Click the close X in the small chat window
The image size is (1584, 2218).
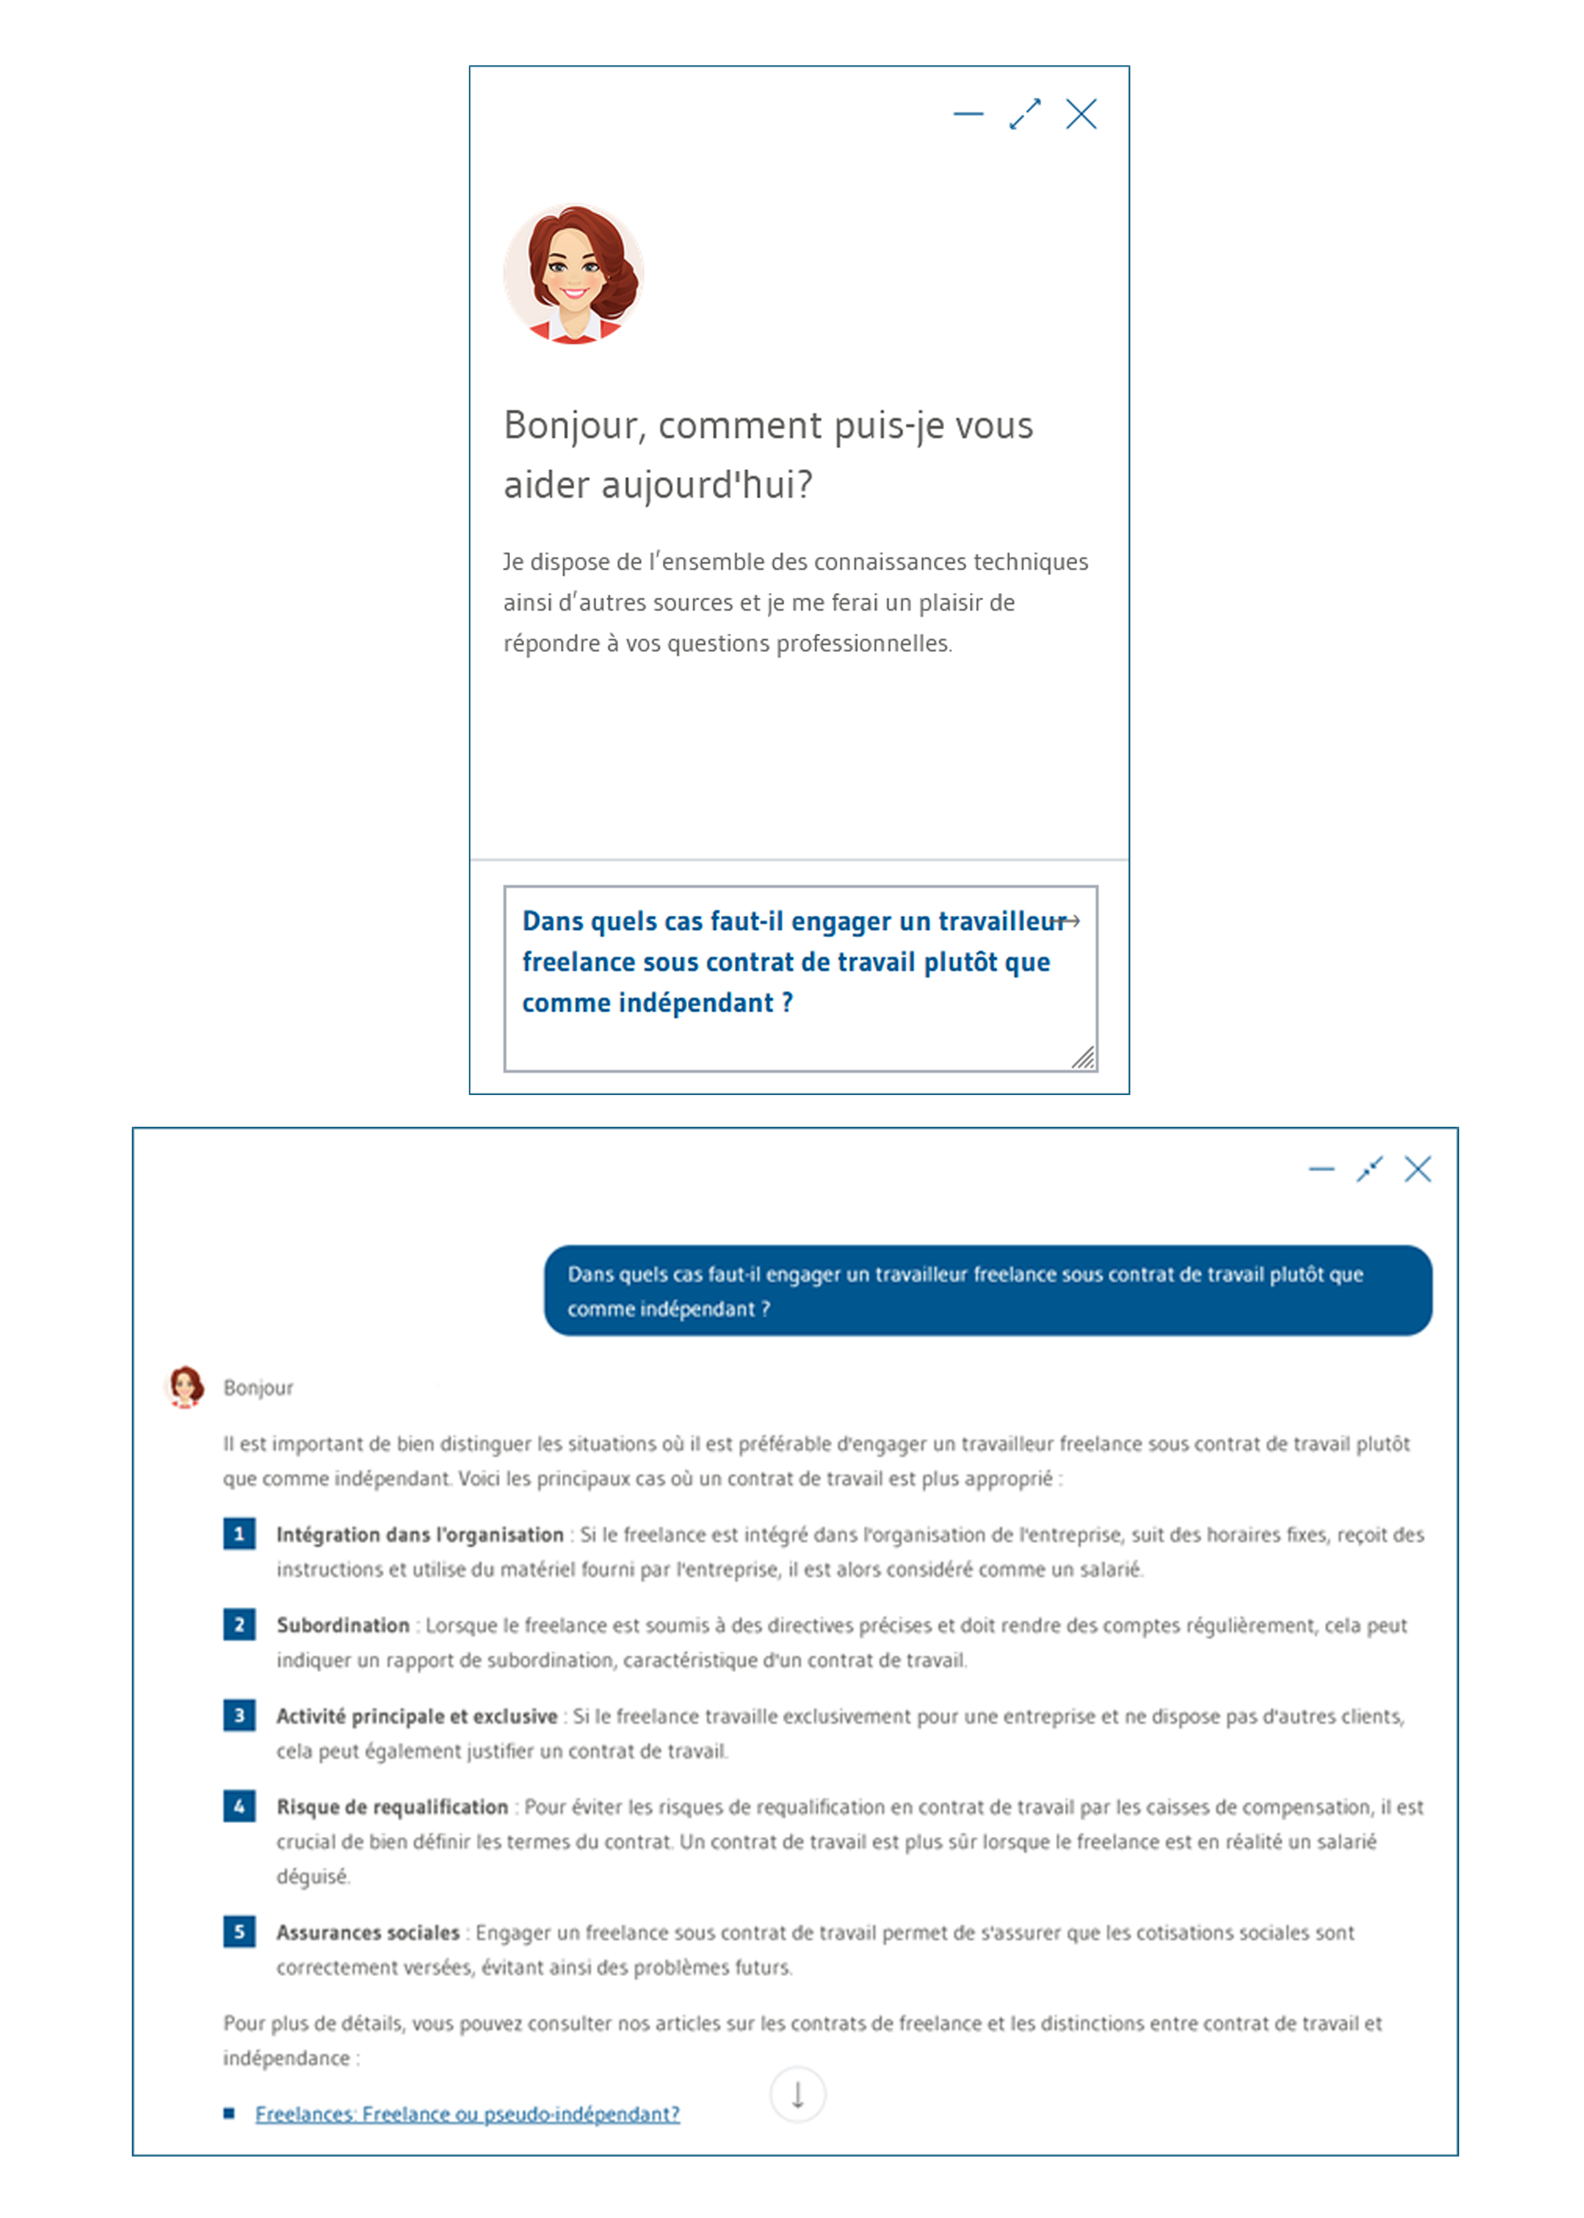click(1081, 114)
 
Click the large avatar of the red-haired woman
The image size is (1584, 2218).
click(573, 274)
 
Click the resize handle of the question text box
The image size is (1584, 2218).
click(1083, 1057)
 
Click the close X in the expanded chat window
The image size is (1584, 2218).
click(1417, 1169)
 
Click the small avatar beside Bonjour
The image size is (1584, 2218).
click(185, 1386)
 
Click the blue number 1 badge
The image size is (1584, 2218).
click(239, 1534)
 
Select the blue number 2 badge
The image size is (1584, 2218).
click(239, 1624)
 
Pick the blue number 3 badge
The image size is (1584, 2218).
click(239, 1715)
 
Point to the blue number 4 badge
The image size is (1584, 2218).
click(239, 1805)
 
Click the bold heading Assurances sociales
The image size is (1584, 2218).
click(367, 1932)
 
